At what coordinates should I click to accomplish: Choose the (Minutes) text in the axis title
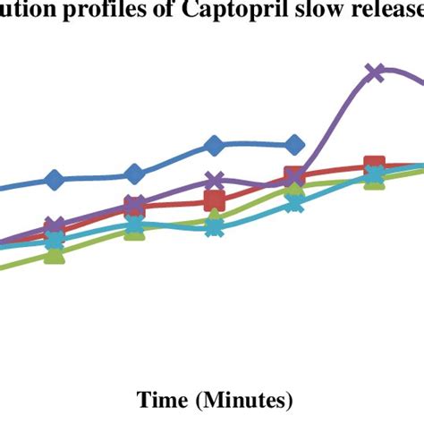[244, 397]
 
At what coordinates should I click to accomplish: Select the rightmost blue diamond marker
[294, 146]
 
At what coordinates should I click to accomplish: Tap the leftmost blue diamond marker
[55, 180]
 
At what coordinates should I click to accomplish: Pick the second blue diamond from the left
[134, 174]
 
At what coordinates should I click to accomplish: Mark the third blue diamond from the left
[214, 146]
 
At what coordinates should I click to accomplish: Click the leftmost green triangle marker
[55, 256]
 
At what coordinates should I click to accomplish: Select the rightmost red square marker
[375, 167]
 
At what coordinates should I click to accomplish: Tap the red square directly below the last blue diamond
[294, 175]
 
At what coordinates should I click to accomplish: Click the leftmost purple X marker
[55, 226]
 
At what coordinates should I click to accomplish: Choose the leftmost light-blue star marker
[55, 240]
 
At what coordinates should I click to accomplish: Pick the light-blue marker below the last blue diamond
[294, 204]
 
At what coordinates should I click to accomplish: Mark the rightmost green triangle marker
[375, 179]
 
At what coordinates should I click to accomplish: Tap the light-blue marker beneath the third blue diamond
[214, 227]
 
